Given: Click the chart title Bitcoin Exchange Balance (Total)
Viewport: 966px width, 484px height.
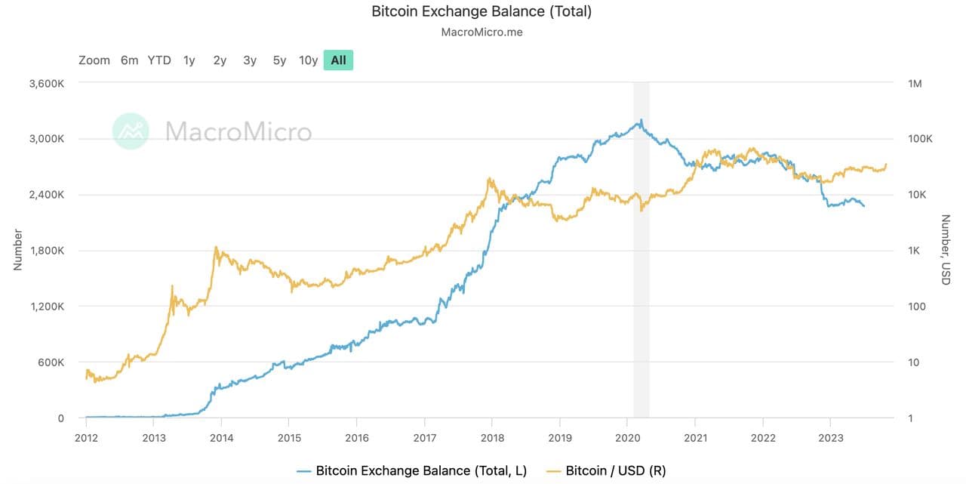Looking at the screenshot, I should point(481,11).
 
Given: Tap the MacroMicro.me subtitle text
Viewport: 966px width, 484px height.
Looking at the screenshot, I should point(481,32).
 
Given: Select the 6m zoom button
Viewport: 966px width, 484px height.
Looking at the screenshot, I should point(129,60).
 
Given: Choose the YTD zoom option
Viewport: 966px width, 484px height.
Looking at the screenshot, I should point(159,60).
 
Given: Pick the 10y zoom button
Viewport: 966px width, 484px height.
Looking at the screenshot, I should point(308,60).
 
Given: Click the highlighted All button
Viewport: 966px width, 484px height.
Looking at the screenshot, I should point(338,60).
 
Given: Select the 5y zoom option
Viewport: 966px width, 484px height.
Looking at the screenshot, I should point(279,60).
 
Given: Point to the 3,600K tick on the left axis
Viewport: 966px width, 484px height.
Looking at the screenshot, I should point(46,83).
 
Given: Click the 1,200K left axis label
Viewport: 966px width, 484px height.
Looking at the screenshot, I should point(46,307).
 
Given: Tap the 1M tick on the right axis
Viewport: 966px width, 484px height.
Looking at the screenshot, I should point(915,83).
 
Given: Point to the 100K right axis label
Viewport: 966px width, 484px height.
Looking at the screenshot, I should point(920,139).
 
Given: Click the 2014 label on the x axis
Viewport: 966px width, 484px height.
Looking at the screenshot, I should point(221,436).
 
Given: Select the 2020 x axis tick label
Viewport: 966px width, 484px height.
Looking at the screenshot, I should point(628,436).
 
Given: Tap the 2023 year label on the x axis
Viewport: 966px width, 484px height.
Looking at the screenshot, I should point(831,436).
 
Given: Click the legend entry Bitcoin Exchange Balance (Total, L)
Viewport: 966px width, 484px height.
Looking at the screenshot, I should point(421,471).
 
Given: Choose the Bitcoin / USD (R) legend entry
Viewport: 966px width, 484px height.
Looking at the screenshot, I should point(615,471).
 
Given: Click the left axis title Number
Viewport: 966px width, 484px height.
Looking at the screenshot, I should point(17,249).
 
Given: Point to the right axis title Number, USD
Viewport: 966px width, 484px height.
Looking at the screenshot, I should point(945,249).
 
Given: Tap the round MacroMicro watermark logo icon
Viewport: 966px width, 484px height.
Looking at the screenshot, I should point(131,131).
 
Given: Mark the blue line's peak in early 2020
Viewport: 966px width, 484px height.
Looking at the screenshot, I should point(641,119).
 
